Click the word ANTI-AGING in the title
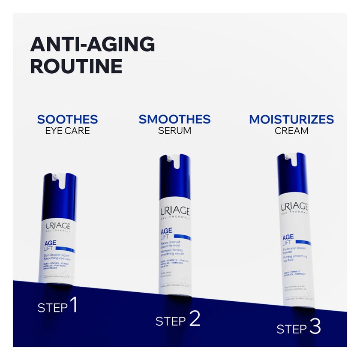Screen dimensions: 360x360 pyautogui.click(x=92, y=44)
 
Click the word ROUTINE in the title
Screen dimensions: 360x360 pyautogui.click(x=76, y=66)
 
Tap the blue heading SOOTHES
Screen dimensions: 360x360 pyautogui.click(x=67, y=119)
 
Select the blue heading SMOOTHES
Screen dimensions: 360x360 pyautogui.click(x=174, y=119)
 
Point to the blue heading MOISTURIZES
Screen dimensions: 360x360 pyautogui.click(x=291, y=119)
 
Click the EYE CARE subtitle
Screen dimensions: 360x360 pyautogui.click(x=67, y=131)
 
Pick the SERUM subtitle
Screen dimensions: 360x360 pyautogui.click(x=174, y=131)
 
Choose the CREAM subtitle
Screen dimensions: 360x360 pyautogui.click(x=291, y=131)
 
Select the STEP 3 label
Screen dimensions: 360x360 pyautogui.click(x=299, y=328)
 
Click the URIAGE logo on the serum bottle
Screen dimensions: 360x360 pyautogui.click(x=175, y=211)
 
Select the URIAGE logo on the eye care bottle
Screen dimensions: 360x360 pyautogui.click(x=58, y=226)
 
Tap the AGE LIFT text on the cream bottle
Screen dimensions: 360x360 pyautogui.click(x=288, y=239)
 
